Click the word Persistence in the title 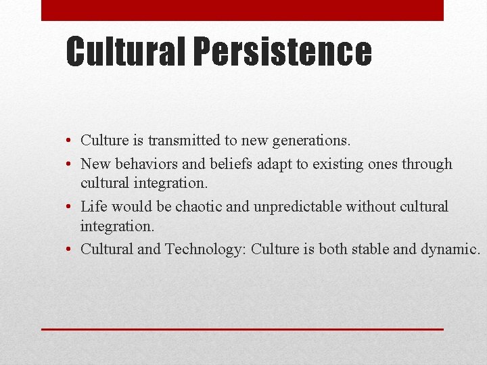(282, 51)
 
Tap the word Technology (204, 249)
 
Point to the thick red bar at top (242, 10)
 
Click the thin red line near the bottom (242, 328)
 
